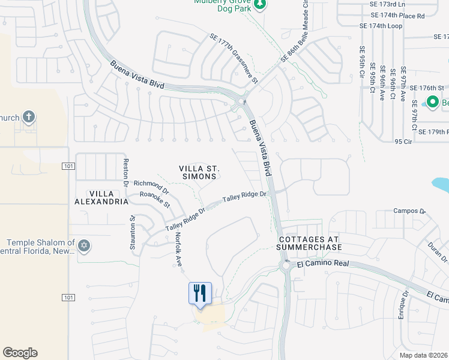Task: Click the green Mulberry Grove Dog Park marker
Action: pos(259,4)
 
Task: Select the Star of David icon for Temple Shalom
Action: pos(85,245)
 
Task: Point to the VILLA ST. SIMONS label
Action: pos(197,173)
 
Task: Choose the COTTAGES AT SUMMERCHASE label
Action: pos(309,242)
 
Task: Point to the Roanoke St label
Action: pos(155,199)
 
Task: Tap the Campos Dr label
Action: pos(409,211)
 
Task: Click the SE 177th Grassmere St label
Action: pos(234,59)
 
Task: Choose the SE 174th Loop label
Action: pos(381,26)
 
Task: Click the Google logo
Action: pos(20,353)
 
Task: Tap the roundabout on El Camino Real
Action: pos(285,265)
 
